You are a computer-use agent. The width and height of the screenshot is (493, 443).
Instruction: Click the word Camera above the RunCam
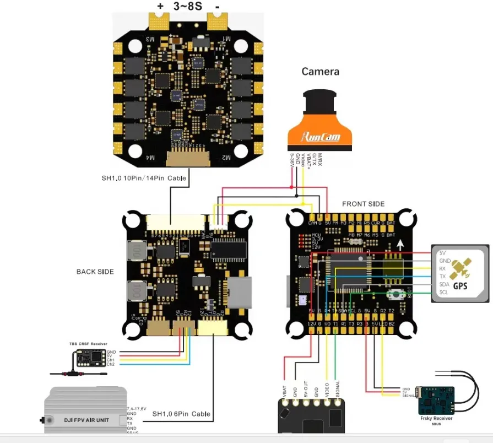pyautogui.click(x=320, y=72)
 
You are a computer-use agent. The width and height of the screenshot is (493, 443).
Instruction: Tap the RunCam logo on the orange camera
pyautogui.click(x=320, y=137)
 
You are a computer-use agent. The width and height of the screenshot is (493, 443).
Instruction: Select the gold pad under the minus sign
pyautogui.click(x=217, y=22)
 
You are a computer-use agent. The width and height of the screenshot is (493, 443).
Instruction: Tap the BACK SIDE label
pyautogui.click(x=95, y=272)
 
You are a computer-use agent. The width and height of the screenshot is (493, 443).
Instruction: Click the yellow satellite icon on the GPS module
pyautogui.click(x=461, y=269)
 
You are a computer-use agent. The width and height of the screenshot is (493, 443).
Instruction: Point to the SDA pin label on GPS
pyautogui.click(x=444, y=284)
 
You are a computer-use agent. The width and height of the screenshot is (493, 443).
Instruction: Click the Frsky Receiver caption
pyautogui.click(x=436, y=418)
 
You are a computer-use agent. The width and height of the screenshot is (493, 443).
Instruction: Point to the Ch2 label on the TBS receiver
pyautogui.click(x=111, y=364)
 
